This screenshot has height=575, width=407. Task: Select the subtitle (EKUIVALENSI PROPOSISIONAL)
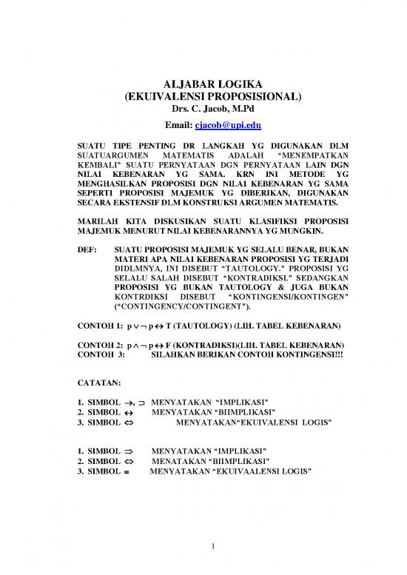pos(203,96)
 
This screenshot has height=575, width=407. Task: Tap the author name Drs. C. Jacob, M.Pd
pos(203,109)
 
